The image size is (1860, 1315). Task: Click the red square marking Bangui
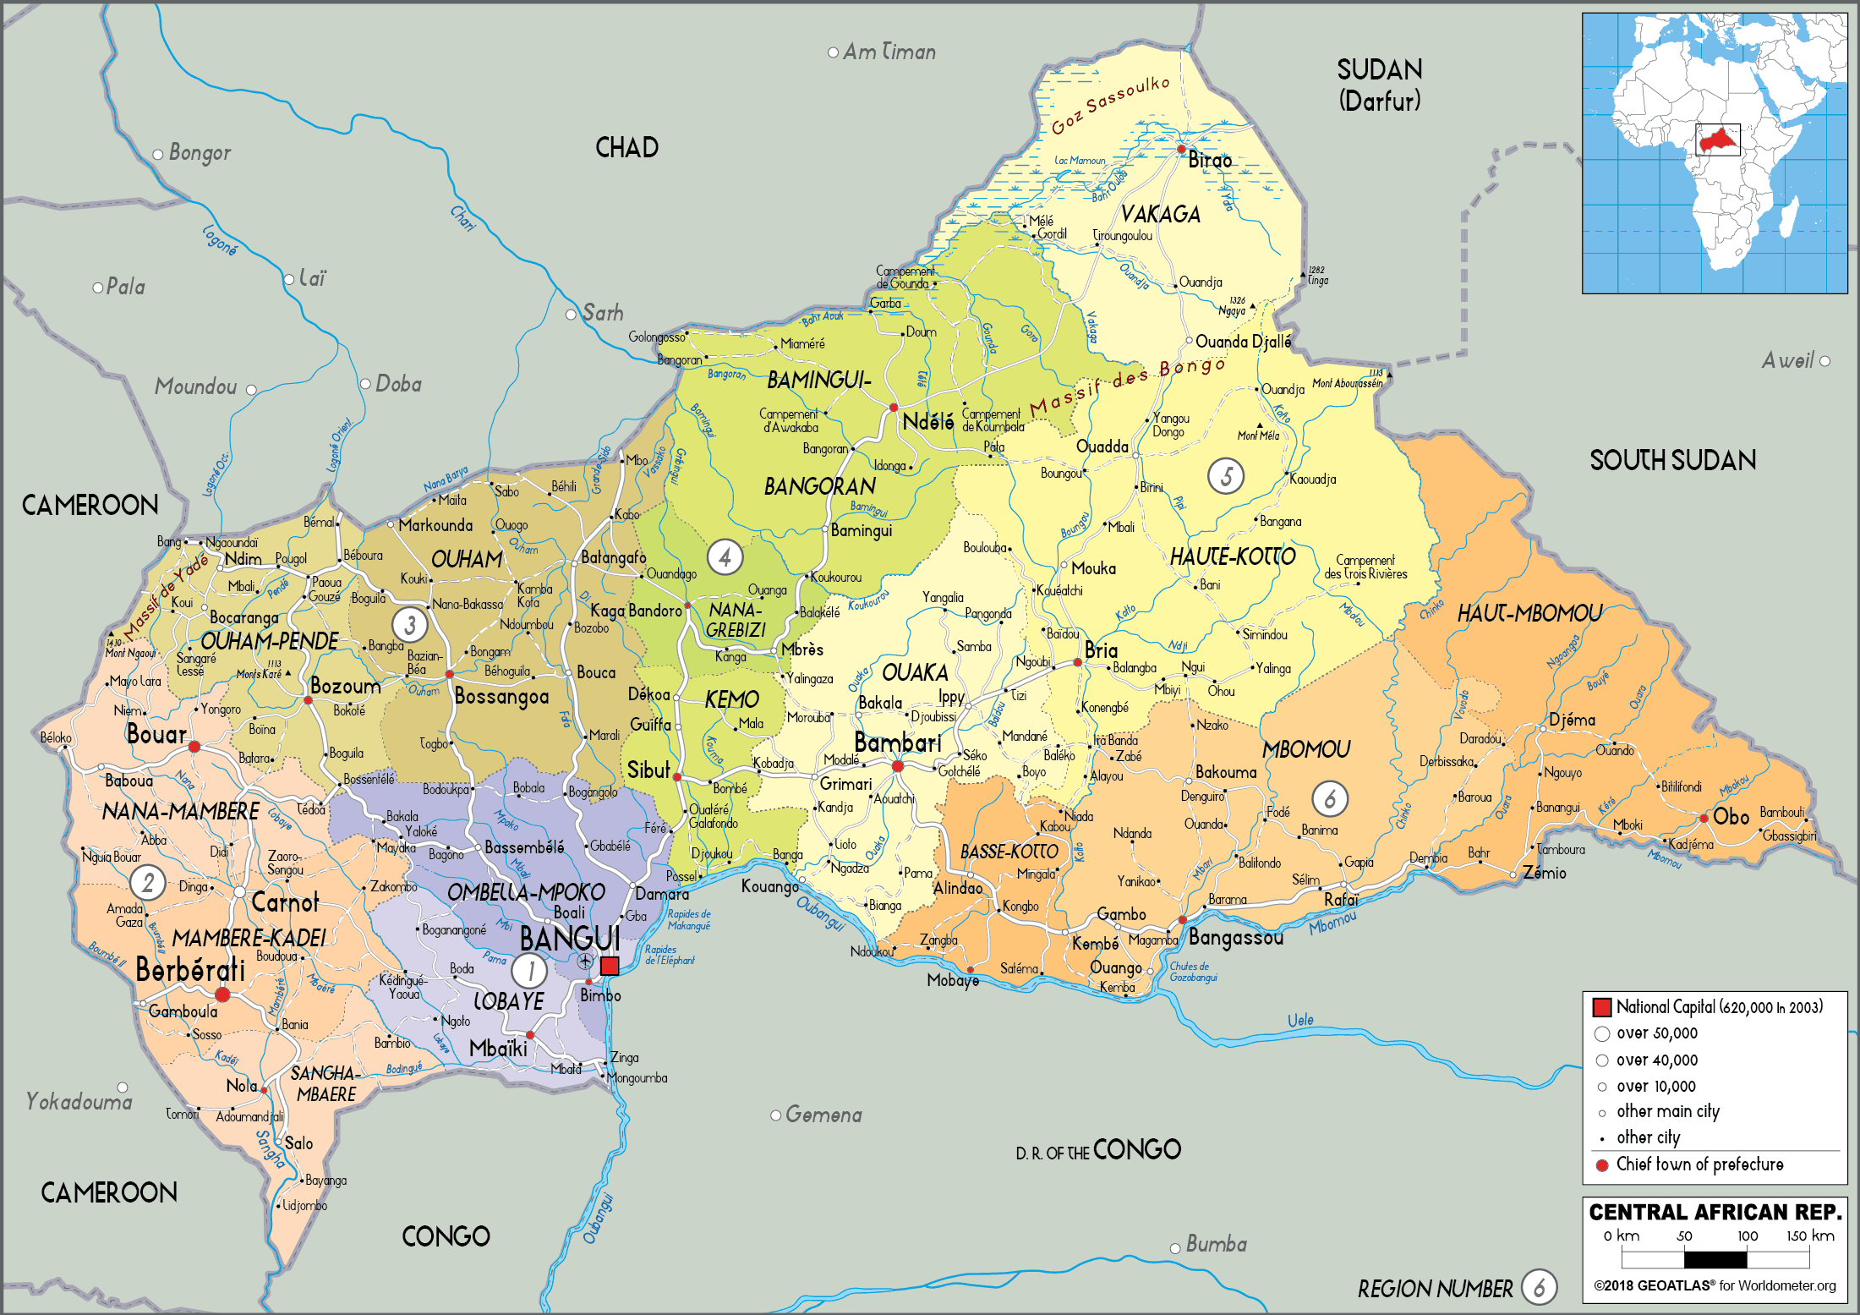click(x=610, y=966)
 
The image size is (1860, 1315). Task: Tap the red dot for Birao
click(x=1181, y=149)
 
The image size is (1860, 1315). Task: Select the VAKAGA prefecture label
click(x=1160, y=214)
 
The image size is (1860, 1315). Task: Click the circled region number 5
click(x=1226, y=476)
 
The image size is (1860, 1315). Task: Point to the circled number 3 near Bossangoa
click(x=410, y=625)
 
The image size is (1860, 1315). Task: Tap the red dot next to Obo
click(x=1704, y=818)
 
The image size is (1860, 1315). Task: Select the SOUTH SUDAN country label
click(x=1672, y=460)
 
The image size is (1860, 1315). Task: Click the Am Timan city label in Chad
click(x=889, y=52)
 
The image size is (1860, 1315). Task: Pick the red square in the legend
click(x=1601, y=1007)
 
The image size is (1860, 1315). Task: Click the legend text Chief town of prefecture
click(x=1699, y=1164)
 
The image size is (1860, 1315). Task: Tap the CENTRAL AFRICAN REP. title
click(x=1715, y=1213)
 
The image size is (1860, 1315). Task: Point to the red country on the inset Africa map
click(x=1717, y=140)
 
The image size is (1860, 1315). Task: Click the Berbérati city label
click(x=190, y=970)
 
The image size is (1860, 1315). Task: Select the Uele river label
click(x=1299, y=1020)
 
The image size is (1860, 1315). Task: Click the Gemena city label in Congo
click(x=823, y=1115)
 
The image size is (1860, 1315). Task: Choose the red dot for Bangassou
click(x=1182, y=919)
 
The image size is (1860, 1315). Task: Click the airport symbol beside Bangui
click(x=584, y=962)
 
